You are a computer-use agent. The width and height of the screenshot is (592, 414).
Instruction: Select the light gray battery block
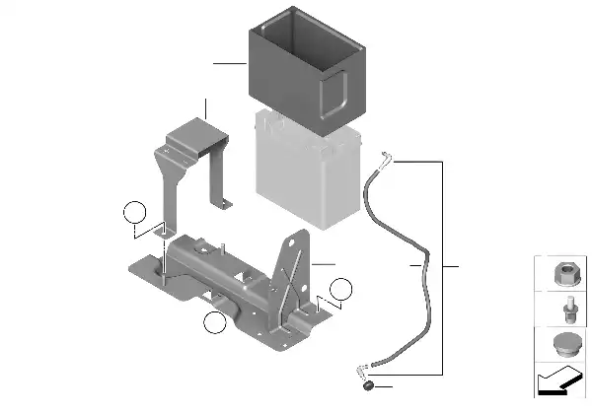pyautogui.click(x=311, y=168)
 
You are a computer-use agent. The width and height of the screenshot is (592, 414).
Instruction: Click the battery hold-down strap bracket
pyautogui.click(x=193, y=158)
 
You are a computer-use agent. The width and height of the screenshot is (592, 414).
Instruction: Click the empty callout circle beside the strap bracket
pyautogui.click(x=133, y=213)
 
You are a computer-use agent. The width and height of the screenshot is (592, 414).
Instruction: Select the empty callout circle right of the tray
pyautogui.click(x=340, y=289)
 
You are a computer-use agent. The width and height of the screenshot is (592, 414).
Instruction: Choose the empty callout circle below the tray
pyautogui.click(x=213, y=322)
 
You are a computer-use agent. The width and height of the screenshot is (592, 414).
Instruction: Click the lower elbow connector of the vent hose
pyautogui.click(x=364, y=372)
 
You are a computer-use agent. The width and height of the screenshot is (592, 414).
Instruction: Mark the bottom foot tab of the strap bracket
pyautogui.click(x=226, y=203)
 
